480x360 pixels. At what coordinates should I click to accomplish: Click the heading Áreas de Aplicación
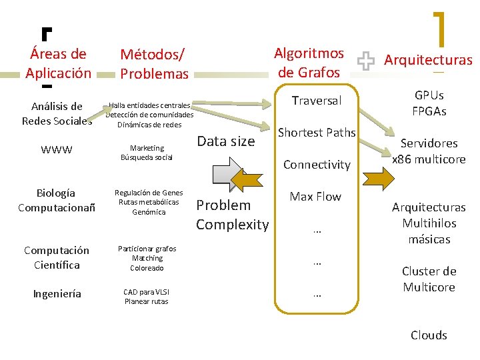click(59, 63)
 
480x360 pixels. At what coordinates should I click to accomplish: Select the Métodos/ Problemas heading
click(154, 63)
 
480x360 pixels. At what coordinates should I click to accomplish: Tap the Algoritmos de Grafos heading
click(311, 62)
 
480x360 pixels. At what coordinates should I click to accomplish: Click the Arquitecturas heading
click(428, 60)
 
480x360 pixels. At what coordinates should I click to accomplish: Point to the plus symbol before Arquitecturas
click(366, 62)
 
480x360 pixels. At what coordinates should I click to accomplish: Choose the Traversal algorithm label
click(317, 101)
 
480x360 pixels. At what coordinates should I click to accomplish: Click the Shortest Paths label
click(317, 133)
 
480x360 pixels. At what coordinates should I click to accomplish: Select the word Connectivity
click(317, 165)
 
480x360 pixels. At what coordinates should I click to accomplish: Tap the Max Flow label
click(315, 197)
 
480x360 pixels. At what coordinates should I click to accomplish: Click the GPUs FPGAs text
click(429, 103)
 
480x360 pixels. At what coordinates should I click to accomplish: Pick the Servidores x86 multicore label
click(429, 151)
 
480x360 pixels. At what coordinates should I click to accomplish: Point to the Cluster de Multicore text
click(429, 279)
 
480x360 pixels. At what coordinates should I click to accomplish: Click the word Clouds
click(429, 335)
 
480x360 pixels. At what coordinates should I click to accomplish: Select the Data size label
click(226, 141)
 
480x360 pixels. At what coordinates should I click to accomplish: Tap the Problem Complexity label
click(232, 215)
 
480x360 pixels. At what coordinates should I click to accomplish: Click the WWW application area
click(57, 150)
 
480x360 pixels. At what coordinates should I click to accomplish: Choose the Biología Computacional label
click(57, 201)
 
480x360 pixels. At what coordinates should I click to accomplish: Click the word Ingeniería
click(57, 294)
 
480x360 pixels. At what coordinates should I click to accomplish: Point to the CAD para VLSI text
click(147, 296)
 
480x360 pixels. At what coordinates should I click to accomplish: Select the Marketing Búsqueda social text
click(147, 153)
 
